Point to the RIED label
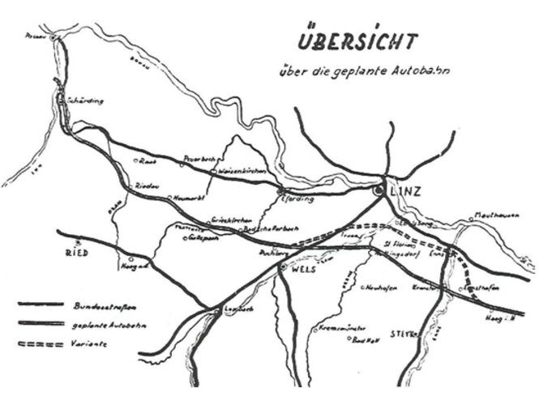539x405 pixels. [x=75, y=254]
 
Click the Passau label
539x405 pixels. [x=33, y=36]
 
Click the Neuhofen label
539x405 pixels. [x=380, y=288]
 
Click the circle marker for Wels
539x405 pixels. [x=282, y=266]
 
